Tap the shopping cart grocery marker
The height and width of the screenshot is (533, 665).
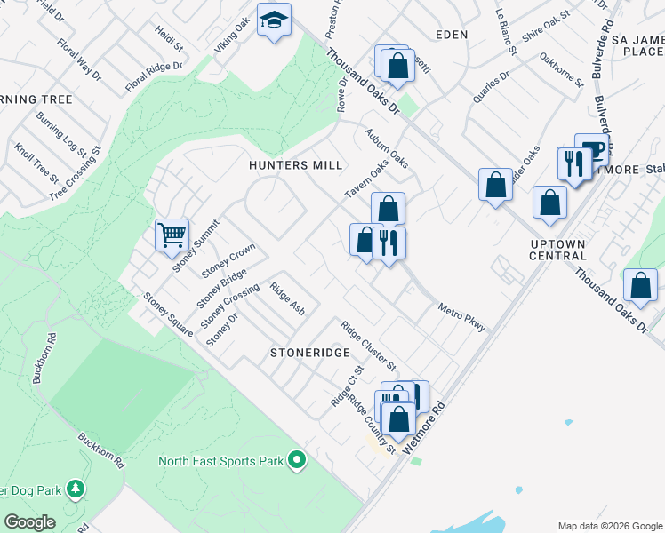tap(172, 236)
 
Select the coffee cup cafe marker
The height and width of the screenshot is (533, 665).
tap(591, 149)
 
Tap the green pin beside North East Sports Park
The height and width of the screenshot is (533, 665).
tap(297, 460)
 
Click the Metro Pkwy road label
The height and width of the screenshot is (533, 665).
tap(462, 318)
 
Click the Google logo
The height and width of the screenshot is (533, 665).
tap(29, 521)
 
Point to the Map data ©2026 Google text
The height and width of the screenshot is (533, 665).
tap(609, 526)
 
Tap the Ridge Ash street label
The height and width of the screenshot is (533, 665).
tap(287, 298)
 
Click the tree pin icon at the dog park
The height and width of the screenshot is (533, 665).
tap(76, 489)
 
